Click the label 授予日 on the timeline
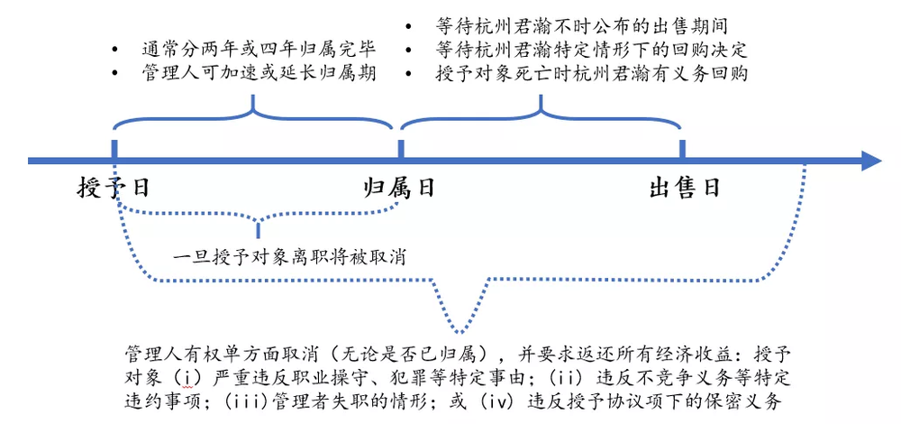click(113, 188)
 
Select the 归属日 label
click(399, 188)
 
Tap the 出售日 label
click(685, 188)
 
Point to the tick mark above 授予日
click(114, 148)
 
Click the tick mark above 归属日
click(400, 148)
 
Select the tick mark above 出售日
click(683, 148)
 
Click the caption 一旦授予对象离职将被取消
click(289, 256)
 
